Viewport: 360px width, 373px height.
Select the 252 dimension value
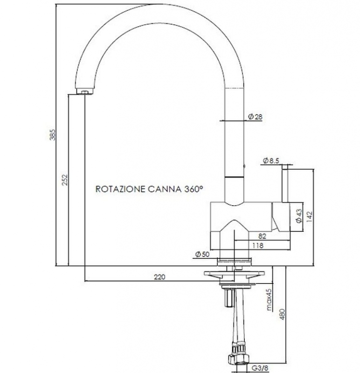pos(65,180)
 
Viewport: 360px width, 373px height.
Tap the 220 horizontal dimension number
pos(159,277)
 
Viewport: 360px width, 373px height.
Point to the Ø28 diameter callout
pos(254,117)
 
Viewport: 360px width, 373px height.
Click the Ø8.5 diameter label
pos(270,161)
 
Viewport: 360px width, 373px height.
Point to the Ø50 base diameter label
pos(202,254)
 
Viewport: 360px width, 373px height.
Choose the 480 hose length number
pos(281,315)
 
